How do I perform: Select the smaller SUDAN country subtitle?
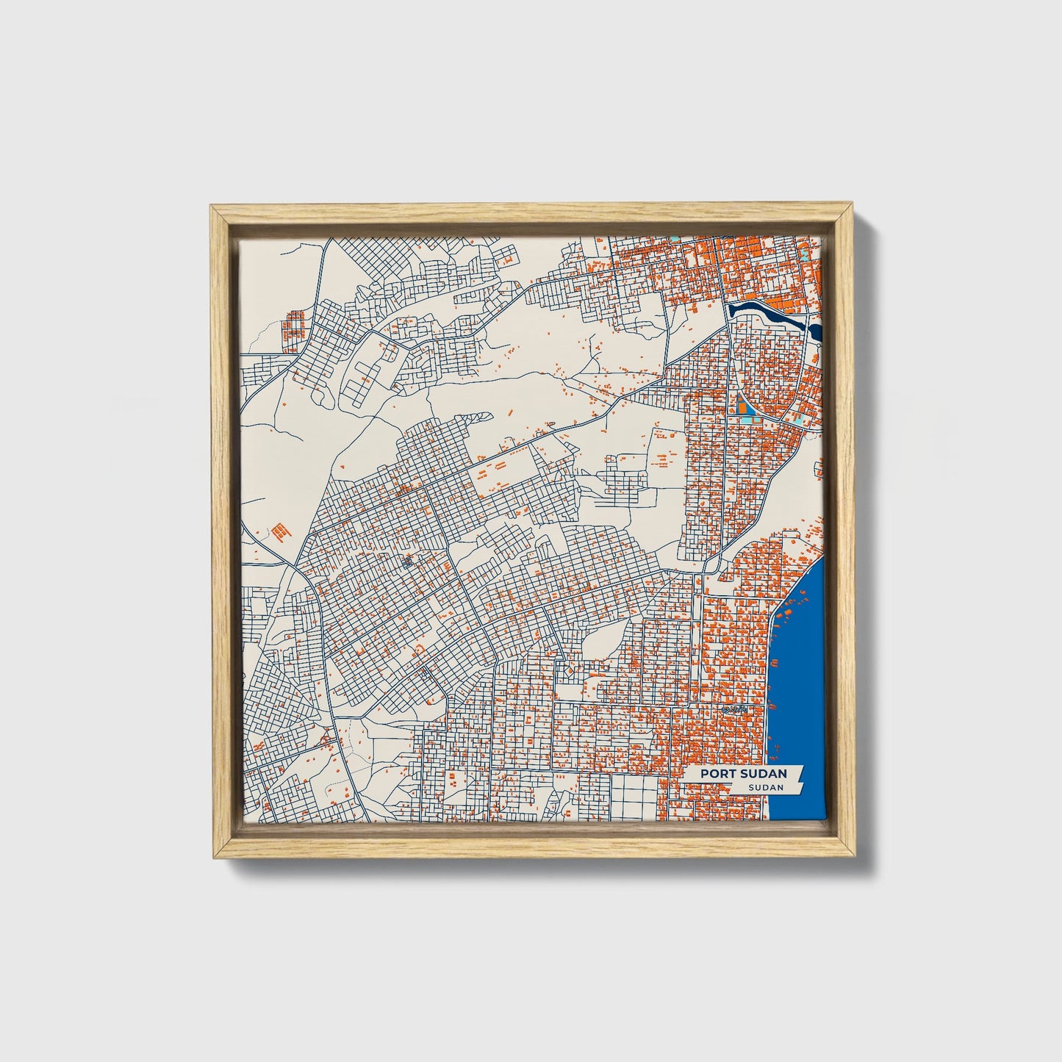[x=765, y=787]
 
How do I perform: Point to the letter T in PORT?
[x=728, y=773]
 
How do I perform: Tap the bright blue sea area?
[x=801, y=661]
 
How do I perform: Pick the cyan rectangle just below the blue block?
[x=748, y=419]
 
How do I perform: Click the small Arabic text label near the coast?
[x=734, y=708]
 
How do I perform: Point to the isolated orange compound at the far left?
[x=278, y=531]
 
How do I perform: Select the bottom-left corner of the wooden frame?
[x=212, y=857]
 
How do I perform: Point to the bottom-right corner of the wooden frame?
[x=855, y=857]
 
